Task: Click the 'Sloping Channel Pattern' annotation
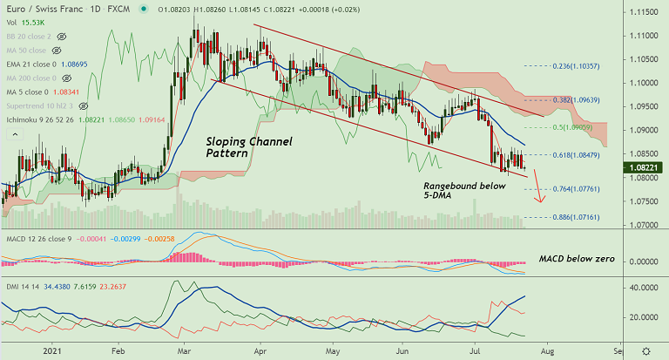(248, 146)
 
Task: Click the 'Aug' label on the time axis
(545, 350)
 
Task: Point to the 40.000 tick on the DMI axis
(643, 287)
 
